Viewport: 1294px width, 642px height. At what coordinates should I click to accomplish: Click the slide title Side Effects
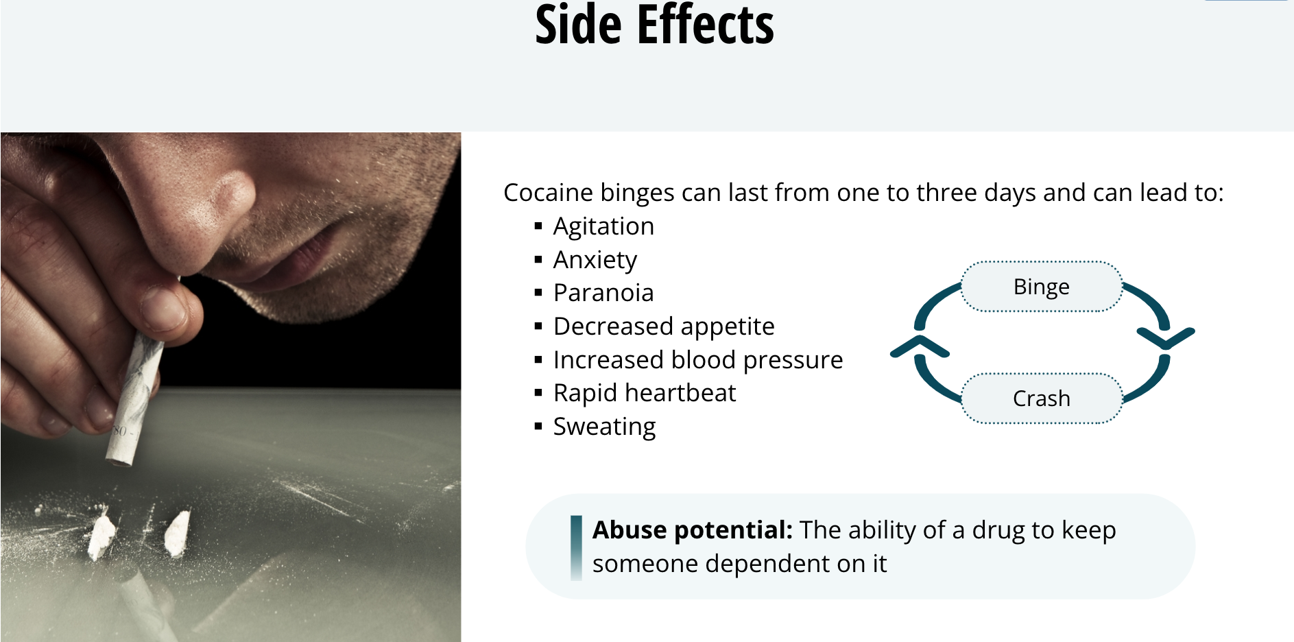click(x=654, y=25)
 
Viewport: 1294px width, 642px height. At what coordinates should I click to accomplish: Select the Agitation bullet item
click(x=603, y=226)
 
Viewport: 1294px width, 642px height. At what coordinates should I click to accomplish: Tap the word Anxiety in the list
click(x=595, y=260)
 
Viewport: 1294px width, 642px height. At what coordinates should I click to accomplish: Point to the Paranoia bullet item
click(x=603, y=293)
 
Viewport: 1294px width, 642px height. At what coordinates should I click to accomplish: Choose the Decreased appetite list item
click(x=664, y=326)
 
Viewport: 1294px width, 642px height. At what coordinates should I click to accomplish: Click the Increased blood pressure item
click(x=698, y=360)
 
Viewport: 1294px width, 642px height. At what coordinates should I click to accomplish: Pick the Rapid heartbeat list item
click(x=645, y=393)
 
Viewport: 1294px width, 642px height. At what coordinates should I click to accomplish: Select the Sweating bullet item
click(x=604, y=427)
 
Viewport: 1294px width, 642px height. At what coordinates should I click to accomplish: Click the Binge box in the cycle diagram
click(x=1042, y=287)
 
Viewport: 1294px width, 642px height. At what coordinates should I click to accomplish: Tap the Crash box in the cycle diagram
click(x=1042, y=399)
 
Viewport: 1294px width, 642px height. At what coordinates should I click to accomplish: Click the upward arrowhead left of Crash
click(x=920, y=346)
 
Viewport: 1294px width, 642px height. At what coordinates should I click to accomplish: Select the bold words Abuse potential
click(x=693, y=530)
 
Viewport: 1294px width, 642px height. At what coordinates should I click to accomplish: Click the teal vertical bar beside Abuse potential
click(x=576, y=548)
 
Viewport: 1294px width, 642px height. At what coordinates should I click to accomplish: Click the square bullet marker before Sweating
click(x=538, y=427)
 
